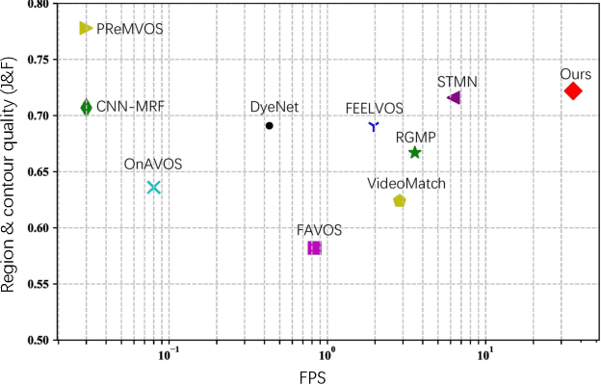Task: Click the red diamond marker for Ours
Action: point(573,90)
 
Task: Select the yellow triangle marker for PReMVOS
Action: point(86,29)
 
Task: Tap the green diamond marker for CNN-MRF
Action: point(86,107)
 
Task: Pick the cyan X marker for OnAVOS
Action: point(153,187)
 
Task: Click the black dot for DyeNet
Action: point(270,125)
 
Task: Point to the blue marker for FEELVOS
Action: point(374,126)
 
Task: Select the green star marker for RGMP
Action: point(414,152)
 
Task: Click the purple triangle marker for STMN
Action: point(455,97)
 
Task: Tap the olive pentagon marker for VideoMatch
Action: point(399,200)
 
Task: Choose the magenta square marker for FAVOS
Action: point(314,247)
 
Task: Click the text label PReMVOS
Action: point(129,29)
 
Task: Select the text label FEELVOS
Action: point(374,109)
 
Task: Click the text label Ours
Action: point(575,73)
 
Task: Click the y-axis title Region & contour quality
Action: point(12,170)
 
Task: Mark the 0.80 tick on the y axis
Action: point(39,5)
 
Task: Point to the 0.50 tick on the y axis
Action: point(39,340)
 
